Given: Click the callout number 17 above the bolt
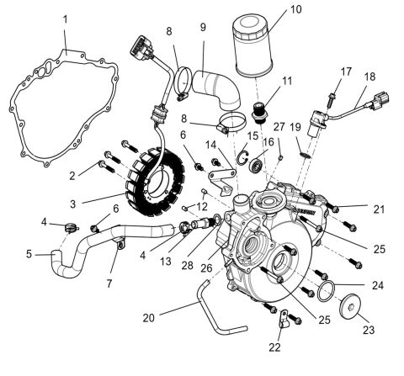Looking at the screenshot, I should pyautogui.click(x=346, y=72).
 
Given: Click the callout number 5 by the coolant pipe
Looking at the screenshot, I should pyautogui.click(x=28, y=252).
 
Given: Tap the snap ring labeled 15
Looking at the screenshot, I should pyautogui.click(x=241, y=155).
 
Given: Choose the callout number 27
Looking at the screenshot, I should pyautogui.click(x=280, y=126).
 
